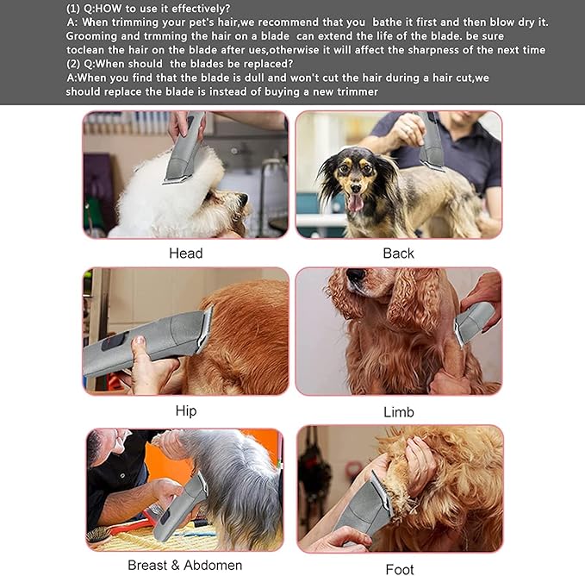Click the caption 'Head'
[x=185, y=253]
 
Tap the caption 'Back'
[x=398, y=253]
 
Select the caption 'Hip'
[x=185, y=410]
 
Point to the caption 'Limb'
[x=398, y=412]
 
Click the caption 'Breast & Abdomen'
[x=184, y=566]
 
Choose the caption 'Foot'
[x=400, y=569]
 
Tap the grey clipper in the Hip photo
[x=146, y=342]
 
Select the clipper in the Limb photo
[x=475, y=321]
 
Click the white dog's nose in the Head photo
[x=244, y=200]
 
